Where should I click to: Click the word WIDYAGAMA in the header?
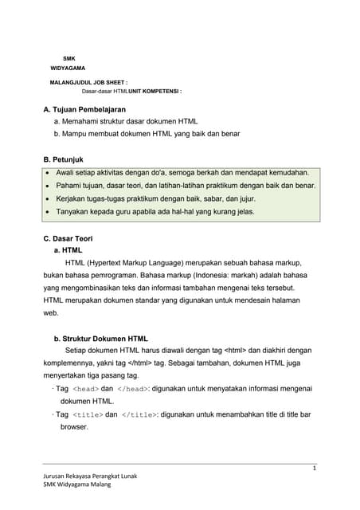[x=68, y=69]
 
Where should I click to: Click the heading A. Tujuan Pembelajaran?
[x=84, y=108]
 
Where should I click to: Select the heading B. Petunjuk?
[x=63, y=159]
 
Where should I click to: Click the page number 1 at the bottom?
[x=315, y=469]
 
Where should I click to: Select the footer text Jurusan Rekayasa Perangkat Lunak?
[x=90, y=476]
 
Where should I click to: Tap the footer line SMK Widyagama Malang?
[x=77, y=484]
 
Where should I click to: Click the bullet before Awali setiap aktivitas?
[x=49, y=173]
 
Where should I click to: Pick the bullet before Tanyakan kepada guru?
[x=49, y=213]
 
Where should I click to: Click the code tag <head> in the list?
[x=85, y=390]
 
